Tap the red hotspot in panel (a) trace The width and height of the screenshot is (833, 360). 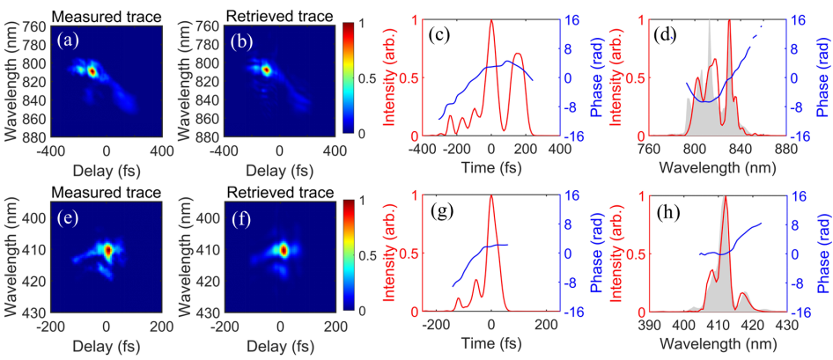[x=92, y=70]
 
